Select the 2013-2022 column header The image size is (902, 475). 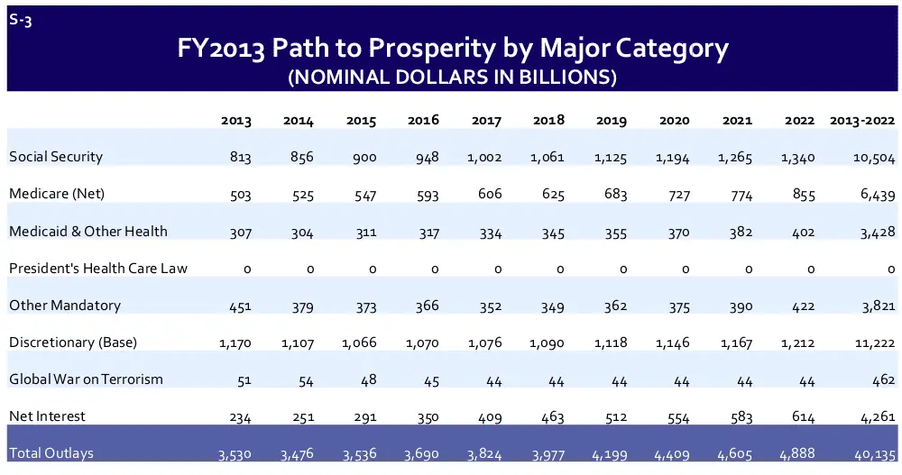(861, 121)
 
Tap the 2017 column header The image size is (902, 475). (485, 121)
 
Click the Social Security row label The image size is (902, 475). (56, 157)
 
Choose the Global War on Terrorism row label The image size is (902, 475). (87, 379)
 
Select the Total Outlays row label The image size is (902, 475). (51, 453)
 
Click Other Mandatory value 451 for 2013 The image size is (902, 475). (239, 306)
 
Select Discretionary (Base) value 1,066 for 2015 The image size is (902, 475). (359, 343)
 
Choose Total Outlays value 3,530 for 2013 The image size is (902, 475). (235, 454)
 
